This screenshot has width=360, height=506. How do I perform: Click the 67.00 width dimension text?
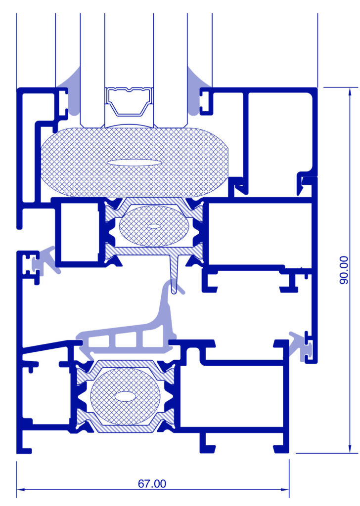pyautogui.click(x=152, y=484)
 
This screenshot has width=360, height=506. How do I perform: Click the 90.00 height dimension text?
pyautogui.click(x=344, y=270)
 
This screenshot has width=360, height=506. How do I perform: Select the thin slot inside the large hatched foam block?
pyautogui.click(x=134, y=163)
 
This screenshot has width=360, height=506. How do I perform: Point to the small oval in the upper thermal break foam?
pyautogui.click(x=154, y=226)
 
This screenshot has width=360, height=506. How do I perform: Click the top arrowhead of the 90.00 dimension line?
pyautogui.click(x=349, y=90)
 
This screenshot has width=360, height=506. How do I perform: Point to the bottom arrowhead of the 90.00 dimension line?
pyautogui.click(x=349, y=449)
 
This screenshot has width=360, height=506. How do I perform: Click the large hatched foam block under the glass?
pyautogui.click(x=134, y=162)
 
